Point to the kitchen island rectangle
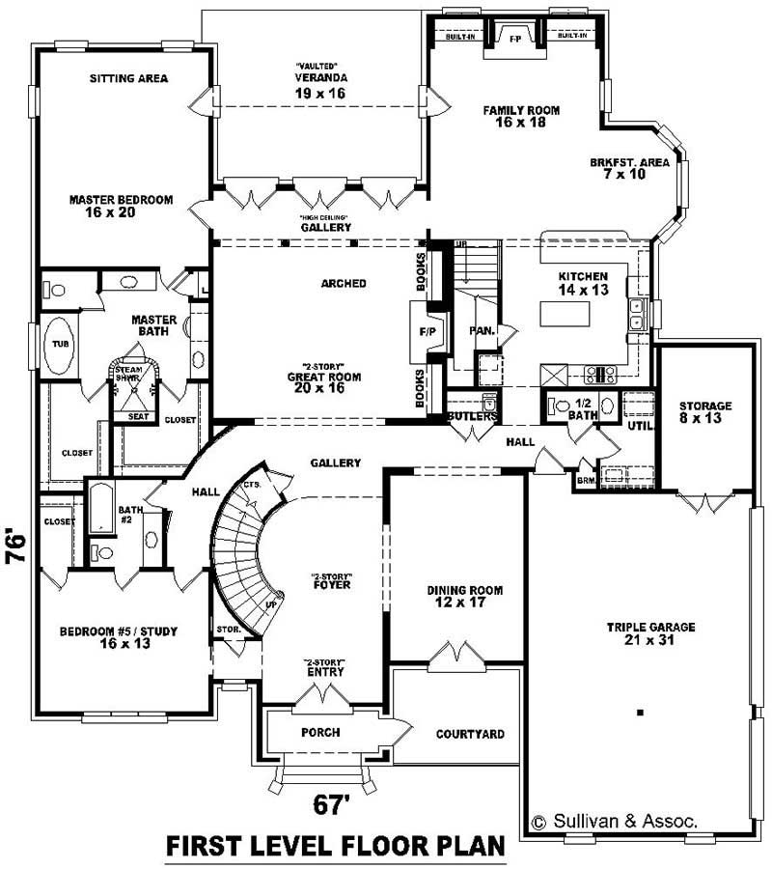563,314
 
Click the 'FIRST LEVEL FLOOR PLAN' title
336,846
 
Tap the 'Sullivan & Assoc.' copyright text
615,822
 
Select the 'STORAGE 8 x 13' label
704,412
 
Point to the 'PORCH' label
319,732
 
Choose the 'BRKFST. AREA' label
629,169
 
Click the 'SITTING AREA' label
129,78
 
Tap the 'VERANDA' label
320,78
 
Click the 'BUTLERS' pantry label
472,416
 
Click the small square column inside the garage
640,713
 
